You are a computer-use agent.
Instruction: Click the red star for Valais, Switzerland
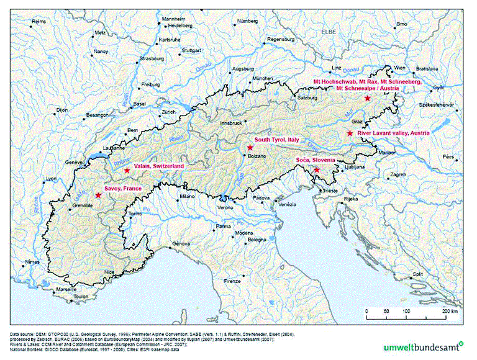tap(127, 170)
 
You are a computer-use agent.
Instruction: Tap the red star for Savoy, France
tap(98, 195)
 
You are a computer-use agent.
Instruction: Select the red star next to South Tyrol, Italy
tap(250, 148)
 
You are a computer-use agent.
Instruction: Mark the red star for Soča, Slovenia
tap(317, 169)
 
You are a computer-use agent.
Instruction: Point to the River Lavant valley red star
tap(350, 133)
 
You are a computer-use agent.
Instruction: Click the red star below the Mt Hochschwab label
tap(367, 98)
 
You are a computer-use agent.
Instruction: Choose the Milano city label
tap(188, 196)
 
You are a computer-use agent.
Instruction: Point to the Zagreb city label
tap(397, 175)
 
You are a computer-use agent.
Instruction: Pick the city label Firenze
tap(232, 281)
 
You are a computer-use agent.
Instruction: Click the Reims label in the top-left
tap(39, 21)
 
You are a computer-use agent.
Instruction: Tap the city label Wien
tap(400, 67)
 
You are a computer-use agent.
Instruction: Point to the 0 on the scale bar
tap(366, 311)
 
